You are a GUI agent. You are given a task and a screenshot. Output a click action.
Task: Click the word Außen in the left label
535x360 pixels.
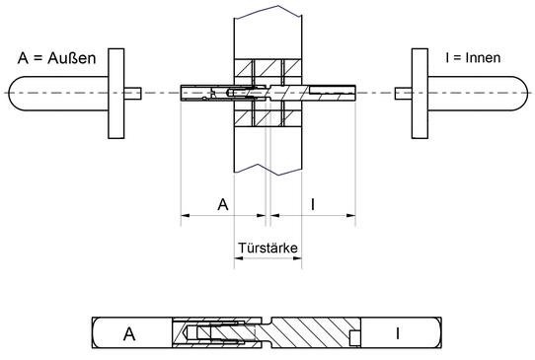pyautogui.click(x=72, y=58)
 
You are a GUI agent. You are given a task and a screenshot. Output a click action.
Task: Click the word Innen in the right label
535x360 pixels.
pyautogui.click(x=483, y=57)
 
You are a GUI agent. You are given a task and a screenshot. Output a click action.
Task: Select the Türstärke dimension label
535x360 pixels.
pyautogui.click(x=267, y=248)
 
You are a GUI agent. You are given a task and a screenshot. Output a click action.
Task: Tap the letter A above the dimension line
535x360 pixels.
pyautogui.click(x=223, y=204)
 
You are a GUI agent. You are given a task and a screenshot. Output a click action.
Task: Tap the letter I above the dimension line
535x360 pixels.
pyautogui.click(x=313, y=204)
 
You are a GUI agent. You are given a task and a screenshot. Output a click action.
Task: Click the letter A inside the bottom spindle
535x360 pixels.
pyautogui.click(x=129, y=334)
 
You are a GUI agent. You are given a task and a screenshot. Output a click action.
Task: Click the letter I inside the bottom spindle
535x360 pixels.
pyautogui.click(x=397, y=333)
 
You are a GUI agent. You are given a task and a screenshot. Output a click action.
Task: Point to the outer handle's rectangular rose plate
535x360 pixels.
pyautogui.click(x=116, y=94)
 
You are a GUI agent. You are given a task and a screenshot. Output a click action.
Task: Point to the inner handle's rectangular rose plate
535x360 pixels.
pyautogui.click(x=420, y=94)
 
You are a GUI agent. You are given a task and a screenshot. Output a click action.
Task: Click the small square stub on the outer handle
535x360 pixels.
pyautogui.click(x=132, y=93)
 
